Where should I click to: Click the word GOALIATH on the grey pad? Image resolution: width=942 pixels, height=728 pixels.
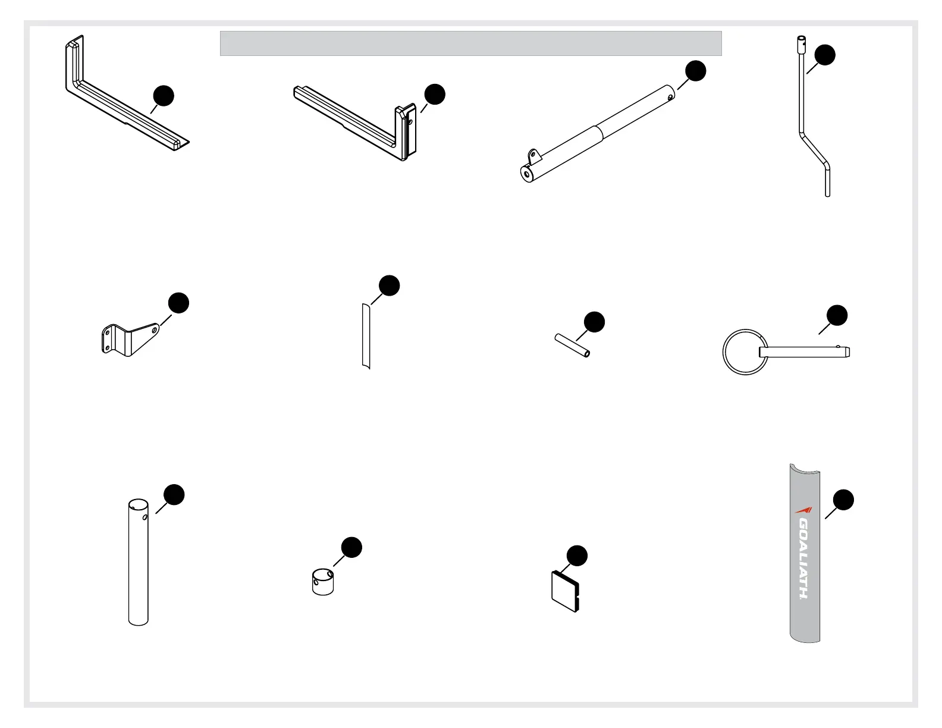point(804,558)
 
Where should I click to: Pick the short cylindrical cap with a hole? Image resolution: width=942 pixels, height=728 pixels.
point(322,582)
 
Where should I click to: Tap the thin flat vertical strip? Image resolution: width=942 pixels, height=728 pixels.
point(366,336)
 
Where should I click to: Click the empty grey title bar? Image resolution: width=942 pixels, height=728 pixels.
point(470,43)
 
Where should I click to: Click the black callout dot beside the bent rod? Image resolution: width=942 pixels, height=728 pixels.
point(825,55)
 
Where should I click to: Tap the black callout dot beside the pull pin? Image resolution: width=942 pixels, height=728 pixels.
point(837,315)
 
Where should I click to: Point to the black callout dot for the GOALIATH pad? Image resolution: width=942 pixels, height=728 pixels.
point(843,500)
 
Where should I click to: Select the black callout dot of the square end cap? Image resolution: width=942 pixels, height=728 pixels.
point(577,556)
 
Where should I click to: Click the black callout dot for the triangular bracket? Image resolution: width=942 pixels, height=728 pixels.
point(178,303)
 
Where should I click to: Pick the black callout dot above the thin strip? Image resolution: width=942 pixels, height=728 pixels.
point(389,285)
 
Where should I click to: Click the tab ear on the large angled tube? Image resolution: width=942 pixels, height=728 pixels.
point(535,158)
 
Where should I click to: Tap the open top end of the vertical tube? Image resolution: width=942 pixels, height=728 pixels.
point(138,505)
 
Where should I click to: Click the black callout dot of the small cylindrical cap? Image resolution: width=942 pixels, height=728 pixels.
point(351,548)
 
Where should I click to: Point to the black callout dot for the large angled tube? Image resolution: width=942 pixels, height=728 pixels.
point(696,71)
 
